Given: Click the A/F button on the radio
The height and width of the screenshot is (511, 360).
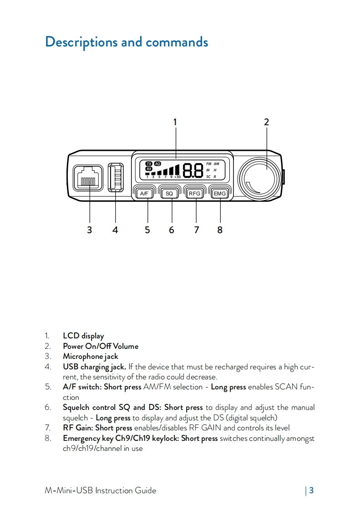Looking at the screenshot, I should (144, 194).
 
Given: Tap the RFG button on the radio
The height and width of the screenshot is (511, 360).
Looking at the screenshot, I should (195, 194).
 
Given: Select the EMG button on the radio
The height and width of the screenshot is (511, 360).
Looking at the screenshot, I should (220, 194).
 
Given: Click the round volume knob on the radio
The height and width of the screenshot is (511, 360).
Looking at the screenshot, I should (261, 177).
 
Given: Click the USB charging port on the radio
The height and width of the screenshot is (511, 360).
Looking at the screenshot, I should (116, 177).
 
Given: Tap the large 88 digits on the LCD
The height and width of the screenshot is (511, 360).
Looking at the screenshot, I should (193, 170).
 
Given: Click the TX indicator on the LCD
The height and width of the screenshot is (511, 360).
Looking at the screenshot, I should (148, 163).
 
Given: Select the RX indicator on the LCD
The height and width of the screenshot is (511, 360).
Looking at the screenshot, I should (148, 169).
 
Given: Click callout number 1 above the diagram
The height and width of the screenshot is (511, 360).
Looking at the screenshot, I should (175, 122).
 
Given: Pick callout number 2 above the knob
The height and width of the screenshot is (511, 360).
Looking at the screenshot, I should (266, 122).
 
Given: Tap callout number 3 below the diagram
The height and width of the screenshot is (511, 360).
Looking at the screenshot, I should (89, 230).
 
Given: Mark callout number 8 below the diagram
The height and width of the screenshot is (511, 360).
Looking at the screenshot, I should (220, 230).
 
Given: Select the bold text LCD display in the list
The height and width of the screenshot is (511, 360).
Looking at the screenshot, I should (83, 336).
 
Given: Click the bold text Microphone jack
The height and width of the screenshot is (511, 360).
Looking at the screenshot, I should (90, 356).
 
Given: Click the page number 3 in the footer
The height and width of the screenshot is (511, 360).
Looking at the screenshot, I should (311, 491).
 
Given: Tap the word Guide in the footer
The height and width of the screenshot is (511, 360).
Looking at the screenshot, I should (145, 491).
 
